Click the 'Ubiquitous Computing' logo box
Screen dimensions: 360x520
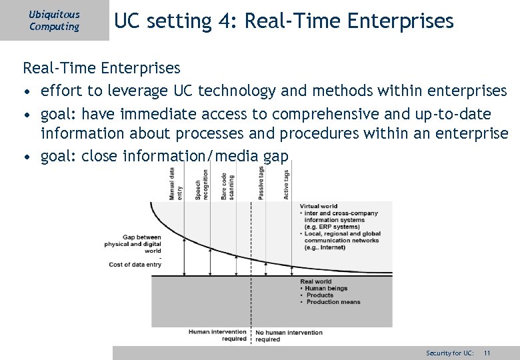click(54, 21)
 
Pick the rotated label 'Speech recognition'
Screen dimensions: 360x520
click(201, 184)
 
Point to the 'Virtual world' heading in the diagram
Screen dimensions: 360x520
click(319, 207)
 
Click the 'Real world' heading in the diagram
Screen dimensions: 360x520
click(315, 282)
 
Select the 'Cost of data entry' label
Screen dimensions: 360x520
click(135, 265)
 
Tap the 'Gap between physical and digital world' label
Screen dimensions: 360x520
click(133, 244)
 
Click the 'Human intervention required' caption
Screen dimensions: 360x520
click(217, 335)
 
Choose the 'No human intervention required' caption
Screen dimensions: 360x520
click(288, 335)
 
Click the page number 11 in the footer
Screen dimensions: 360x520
click(487, 353)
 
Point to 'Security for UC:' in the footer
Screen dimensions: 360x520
click(450, 353)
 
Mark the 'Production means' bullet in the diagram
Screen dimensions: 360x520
click(333, 302)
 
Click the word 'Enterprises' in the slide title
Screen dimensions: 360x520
click(402, 22)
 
